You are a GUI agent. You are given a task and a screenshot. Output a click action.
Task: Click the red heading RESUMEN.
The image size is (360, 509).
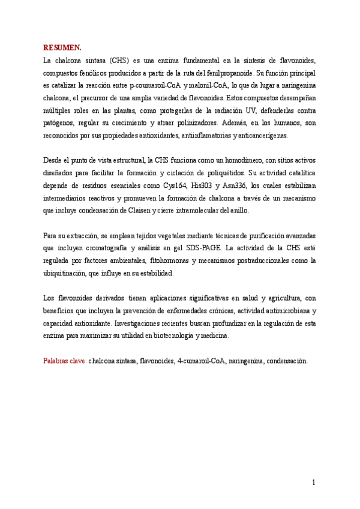coord(62,47)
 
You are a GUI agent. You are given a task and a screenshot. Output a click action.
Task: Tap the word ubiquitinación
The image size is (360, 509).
coord(67,273)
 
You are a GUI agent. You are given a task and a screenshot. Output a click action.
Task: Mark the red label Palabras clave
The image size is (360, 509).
coord(65,361)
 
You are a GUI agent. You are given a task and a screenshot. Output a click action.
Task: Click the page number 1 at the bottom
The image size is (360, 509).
coord(314,482)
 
